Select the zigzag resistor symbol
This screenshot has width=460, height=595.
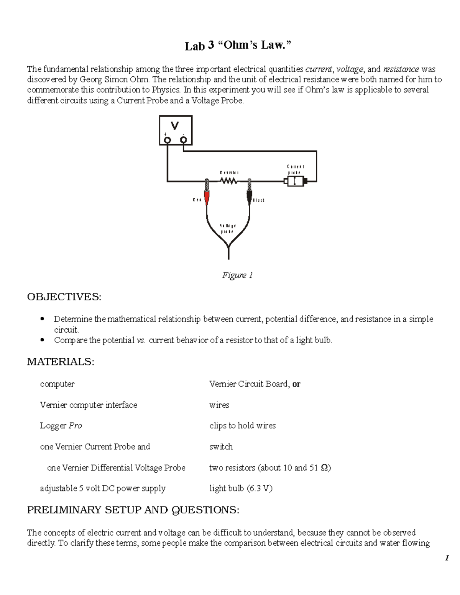pos(229,181)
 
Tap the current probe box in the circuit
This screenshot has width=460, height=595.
pos(294,181)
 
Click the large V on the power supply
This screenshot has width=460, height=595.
pos(175,126)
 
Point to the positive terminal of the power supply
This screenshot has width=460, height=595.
pos(167,140)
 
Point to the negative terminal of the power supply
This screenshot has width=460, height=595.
pos(184,140)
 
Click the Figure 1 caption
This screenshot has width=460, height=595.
pos(237,275)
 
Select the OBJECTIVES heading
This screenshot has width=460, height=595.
pos(64,297)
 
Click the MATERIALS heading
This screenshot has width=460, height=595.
pos(61,362)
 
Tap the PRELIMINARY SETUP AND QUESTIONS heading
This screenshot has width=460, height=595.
pos(133,510)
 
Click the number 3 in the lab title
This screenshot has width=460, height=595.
pos(211,45)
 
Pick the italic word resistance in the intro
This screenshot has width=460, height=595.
pos(401,69)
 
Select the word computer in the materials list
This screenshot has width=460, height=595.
pos(57,384)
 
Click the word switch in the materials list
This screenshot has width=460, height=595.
pos(221,447)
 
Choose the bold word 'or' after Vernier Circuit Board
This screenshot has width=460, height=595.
pos(296,384)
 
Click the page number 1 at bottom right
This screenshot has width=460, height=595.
pos(447,558)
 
